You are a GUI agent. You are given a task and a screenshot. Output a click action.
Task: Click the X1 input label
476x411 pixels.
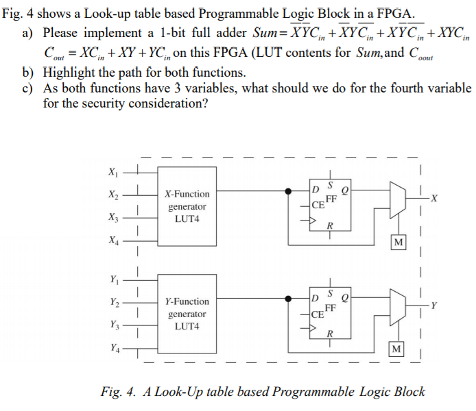112,171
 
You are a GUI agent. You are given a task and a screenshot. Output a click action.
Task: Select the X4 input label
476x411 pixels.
112,241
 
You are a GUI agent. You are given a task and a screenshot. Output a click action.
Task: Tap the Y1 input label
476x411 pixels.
112,279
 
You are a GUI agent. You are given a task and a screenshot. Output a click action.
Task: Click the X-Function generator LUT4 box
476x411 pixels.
187,206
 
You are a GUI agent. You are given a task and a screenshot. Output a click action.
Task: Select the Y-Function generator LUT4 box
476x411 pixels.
187,314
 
